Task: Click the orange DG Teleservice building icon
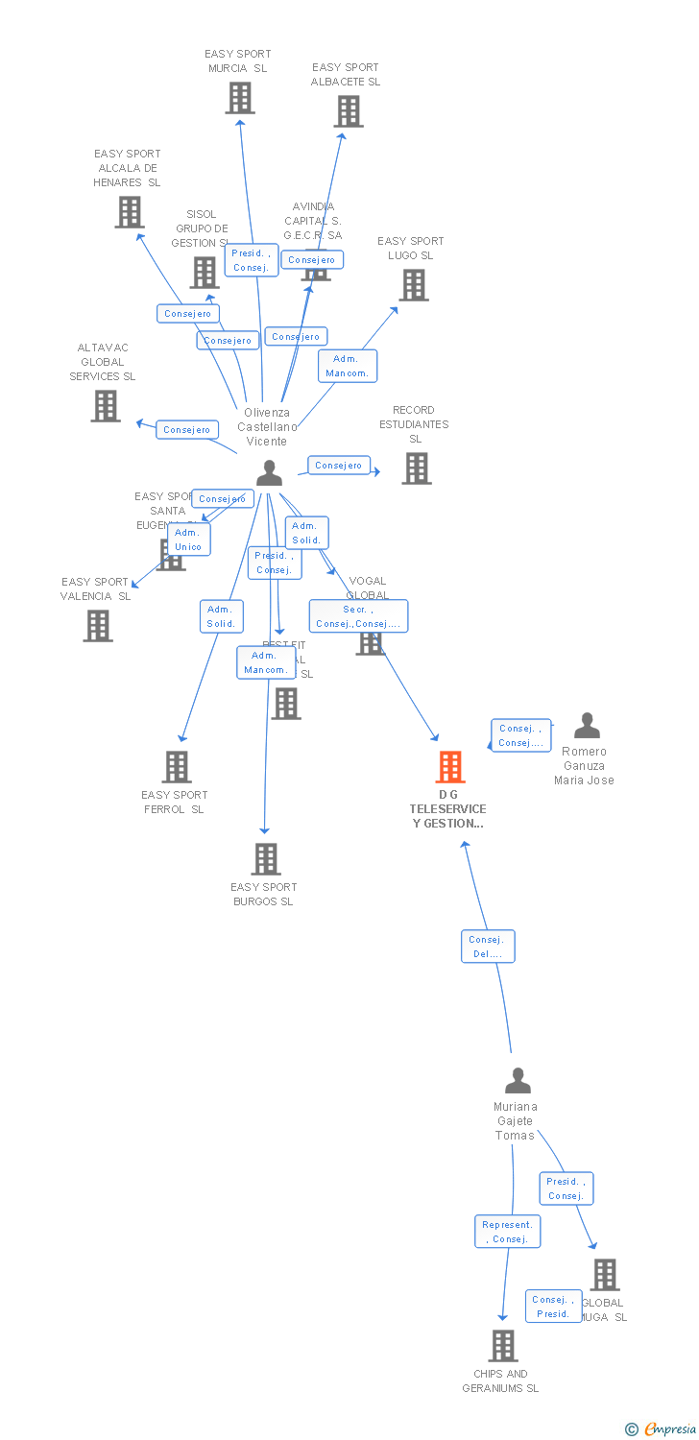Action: (x=450, y=767)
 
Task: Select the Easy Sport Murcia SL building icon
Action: (x=239, y=98)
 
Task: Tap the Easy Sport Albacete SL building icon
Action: (x=348, y=111)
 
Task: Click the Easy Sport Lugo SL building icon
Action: (x=413, y=285)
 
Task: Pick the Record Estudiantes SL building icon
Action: (x=416, y=468)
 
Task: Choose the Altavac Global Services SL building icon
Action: (x=105, y=406)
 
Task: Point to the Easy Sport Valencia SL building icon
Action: (x=97, y=626)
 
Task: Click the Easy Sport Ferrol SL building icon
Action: (x=177, y=767)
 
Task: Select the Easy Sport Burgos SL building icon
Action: (x=265, y=859)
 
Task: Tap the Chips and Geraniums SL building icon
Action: (x=502, y=1346)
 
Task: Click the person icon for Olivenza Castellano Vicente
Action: (x=269, y=472)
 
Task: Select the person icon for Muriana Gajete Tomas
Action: (x=518, y=1081)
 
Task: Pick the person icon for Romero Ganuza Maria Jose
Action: (x=586, y=726)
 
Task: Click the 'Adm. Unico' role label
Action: (x=188, y=540)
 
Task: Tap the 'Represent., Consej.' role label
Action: (x=507, y=1232)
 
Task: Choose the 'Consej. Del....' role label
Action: (x=488, y=947)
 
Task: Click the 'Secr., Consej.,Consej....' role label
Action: (x=358, y=616)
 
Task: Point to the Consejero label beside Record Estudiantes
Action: (x=339, y=466)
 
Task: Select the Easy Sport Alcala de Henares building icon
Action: (x=129, y=212)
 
